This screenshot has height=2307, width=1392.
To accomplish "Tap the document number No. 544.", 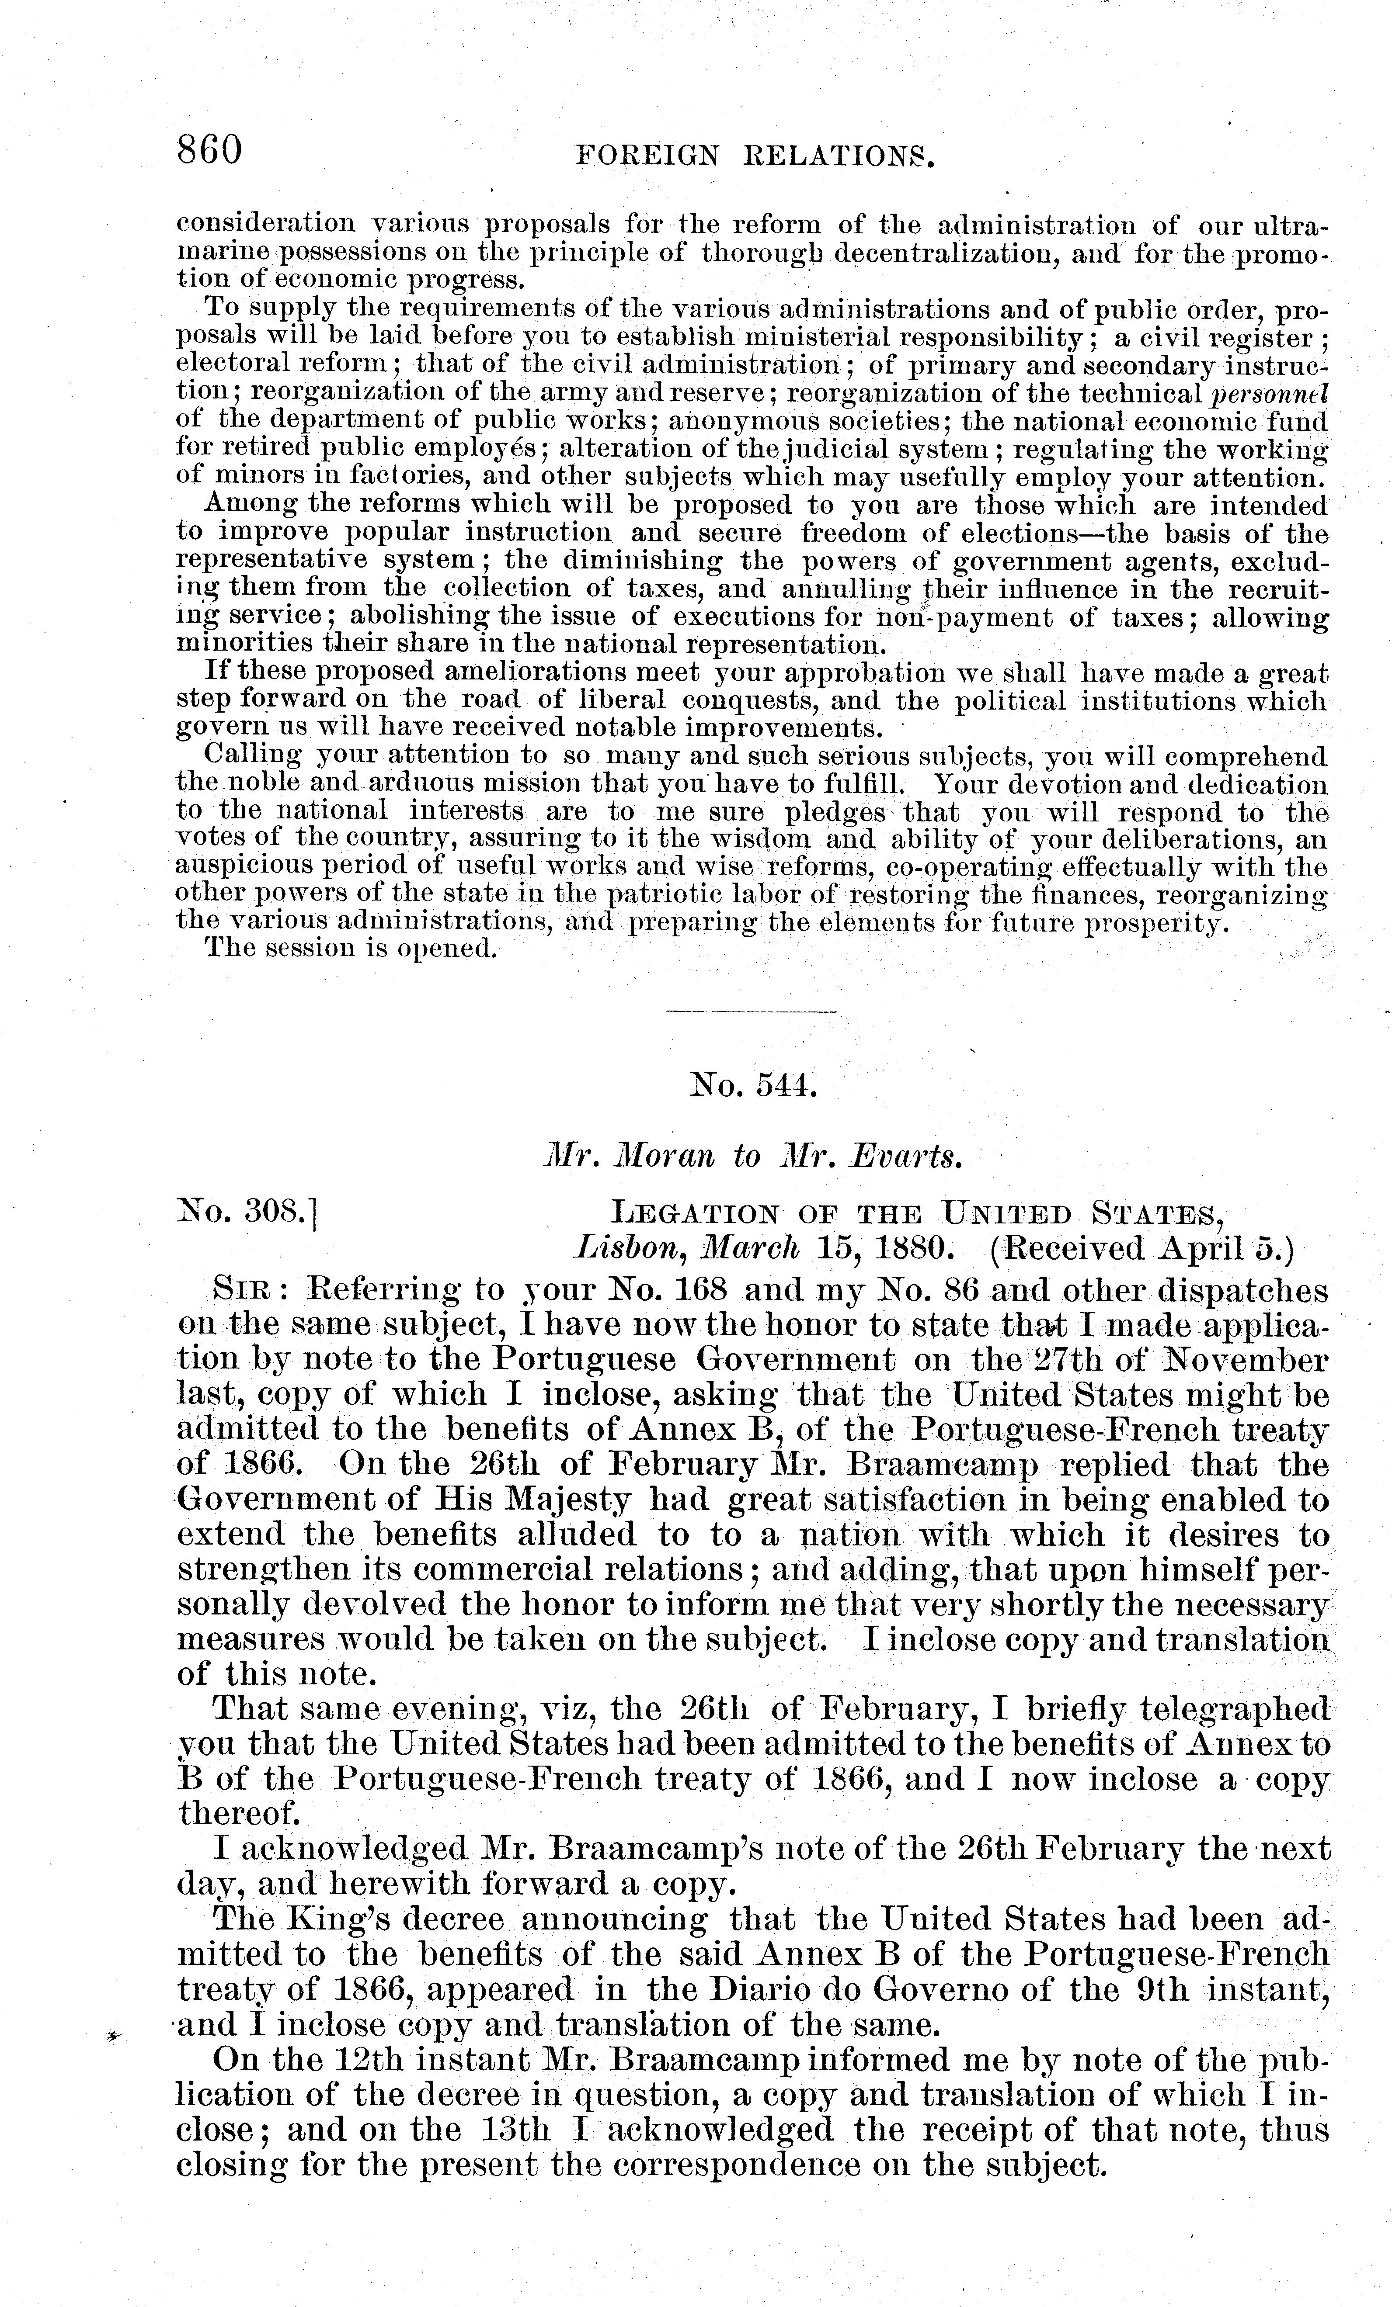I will point(752,1089).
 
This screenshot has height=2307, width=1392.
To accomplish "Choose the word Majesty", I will point(567,1501).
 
